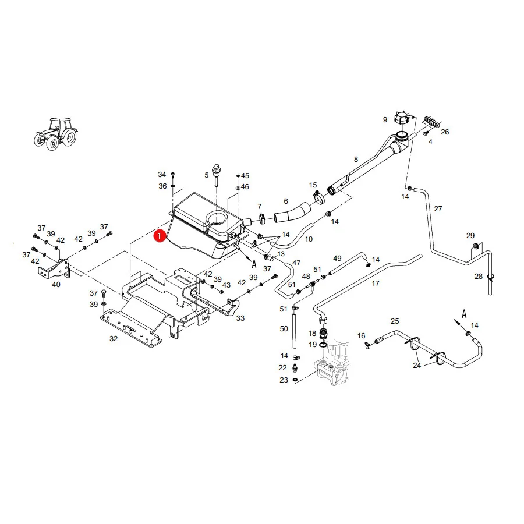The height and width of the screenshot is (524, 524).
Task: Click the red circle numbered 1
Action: [160, 236]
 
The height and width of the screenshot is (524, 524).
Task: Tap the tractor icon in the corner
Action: [56, 133]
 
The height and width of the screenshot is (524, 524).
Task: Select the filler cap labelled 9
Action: [402, 118]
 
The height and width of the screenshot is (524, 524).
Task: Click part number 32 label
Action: [114, 338]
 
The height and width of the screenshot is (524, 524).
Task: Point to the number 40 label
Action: [56, 284]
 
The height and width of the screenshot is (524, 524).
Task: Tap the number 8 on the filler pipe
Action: [356, 160]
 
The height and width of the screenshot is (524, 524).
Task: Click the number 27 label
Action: [438, 209]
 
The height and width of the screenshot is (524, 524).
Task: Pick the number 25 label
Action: [395, 321]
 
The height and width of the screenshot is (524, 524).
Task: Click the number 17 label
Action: [376, 284]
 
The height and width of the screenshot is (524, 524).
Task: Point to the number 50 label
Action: [284, 329]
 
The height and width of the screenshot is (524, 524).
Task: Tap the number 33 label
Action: [240, 318]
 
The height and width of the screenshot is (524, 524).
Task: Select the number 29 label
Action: [470, 236]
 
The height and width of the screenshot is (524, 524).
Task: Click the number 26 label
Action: [445, 132]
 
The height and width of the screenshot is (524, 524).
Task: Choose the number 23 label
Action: [284, 380]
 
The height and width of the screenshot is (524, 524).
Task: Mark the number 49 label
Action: [337, 259]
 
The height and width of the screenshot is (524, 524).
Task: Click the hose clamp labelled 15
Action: [319, 197]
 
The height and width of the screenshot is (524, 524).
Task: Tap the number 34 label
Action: [162, 175]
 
